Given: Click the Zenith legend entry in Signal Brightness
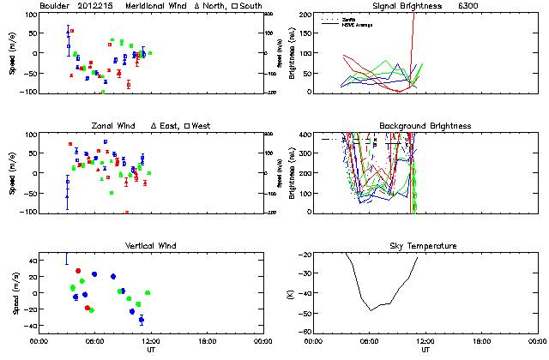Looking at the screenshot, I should coord(347,18).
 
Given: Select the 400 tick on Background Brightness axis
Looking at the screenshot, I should coord(304,135).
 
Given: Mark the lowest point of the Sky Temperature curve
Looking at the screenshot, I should coord(371,309).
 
